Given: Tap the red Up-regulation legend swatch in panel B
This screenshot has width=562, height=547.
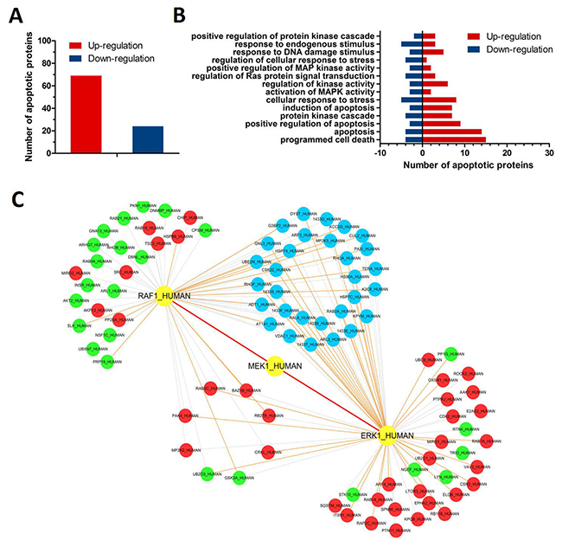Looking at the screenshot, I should coord(458,36).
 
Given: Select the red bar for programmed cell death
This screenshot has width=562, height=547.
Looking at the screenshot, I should coord(454,139).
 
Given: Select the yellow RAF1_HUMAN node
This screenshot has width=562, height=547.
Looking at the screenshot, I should coord(164,296).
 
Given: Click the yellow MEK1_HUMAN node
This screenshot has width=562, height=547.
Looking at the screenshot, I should coord(275,366).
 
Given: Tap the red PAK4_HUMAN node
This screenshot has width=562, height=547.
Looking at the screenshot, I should coord(184,415).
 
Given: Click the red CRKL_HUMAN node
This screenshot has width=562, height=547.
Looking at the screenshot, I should coord(268,451).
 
